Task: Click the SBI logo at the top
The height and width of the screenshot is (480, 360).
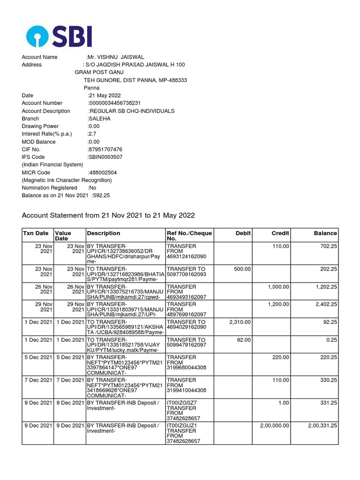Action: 60,36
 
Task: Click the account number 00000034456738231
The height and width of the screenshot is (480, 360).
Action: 115,103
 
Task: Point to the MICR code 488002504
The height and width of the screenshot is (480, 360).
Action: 103,172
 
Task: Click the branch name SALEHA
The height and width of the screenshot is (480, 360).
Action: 99,119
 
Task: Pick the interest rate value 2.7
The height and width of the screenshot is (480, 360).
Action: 92,134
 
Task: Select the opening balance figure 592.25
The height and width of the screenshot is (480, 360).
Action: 102,195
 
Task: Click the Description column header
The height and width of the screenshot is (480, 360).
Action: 103,233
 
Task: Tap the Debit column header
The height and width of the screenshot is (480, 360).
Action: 243,233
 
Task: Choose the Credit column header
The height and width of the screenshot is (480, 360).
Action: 280,233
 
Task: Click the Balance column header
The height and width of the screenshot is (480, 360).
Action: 325,233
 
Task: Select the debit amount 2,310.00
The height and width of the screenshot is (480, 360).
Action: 240,322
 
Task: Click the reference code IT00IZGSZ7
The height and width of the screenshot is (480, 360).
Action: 181,403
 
